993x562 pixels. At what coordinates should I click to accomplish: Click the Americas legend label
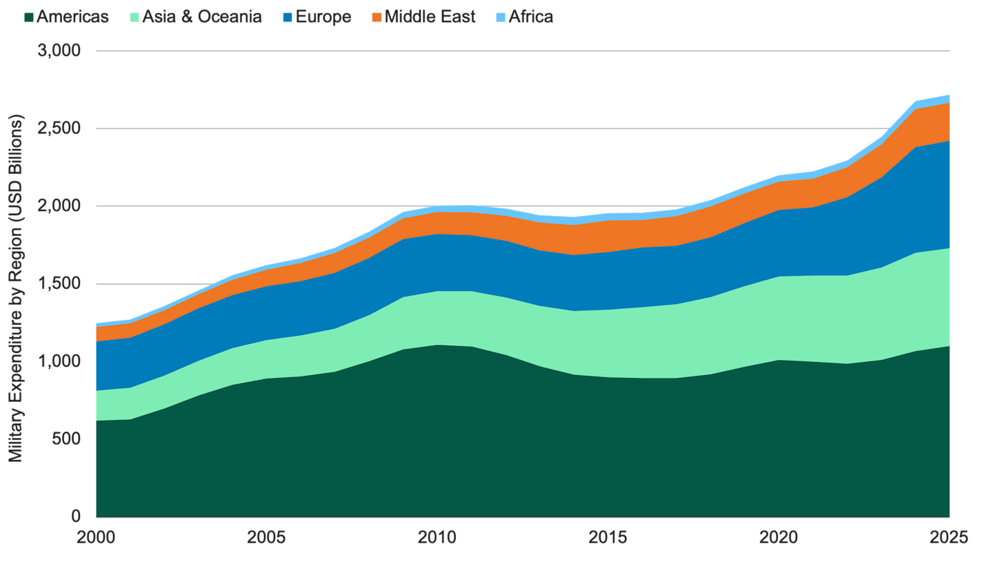point(72,17)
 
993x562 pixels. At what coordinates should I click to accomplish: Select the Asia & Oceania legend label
point(201,17)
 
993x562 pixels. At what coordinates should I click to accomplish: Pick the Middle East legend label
point(430,17)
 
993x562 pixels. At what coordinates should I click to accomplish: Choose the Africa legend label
point(530,17)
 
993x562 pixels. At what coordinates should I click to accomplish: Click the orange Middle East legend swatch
point(377,17)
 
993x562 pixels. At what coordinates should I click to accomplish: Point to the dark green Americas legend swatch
point(28,17)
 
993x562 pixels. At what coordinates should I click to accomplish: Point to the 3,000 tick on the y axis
point(62,51)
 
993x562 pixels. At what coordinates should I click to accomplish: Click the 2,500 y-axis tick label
point(62,129)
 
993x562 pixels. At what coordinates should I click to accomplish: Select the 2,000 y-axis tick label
point(62,206)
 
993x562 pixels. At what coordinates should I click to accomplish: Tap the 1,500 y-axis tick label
point(62,284)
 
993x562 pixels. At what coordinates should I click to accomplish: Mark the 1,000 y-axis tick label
point(62,361)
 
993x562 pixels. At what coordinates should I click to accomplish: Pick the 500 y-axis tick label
point(68,439)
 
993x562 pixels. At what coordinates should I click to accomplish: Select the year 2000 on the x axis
point(96,537)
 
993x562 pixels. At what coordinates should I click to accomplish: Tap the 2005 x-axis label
point(267,537)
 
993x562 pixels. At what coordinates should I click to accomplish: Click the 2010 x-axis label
point(438,537)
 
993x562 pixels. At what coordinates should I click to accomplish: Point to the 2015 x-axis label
point(608,537)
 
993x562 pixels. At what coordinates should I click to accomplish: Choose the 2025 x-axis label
point(950,537)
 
